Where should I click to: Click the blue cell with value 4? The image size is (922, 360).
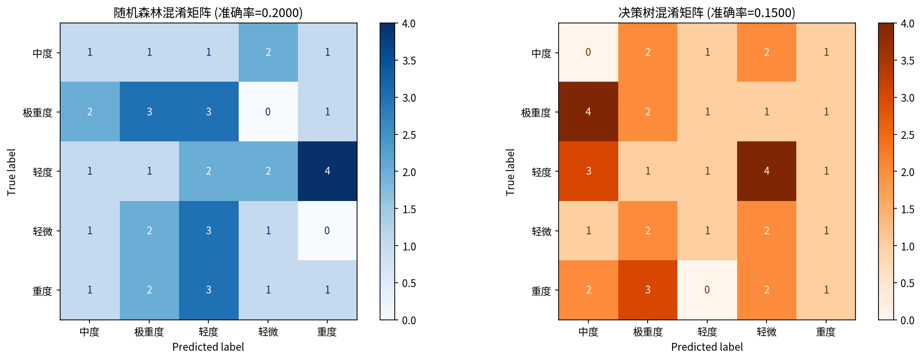click(327, 171)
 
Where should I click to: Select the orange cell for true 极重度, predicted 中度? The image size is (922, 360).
click(588, 112)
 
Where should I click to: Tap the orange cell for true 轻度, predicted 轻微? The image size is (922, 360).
click(766, 171)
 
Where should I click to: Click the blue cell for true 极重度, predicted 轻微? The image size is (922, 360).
click(268, 112)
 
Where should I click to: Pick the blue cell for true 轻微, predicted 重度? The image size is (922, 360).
click(327, 231)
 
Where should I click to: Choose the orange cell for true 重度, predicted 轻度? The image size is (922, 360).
click(707, 290)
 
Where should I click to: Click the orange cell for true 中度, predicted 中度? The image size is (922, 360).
click(588, 52)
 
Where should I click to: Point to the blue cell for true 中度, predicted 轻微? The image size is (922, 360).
click(268, 52)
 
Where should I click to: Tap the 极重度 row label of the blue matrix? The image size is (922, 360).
click(38, 112)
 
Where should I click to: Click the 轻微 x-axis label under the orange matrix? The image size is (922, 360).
click(766, 332)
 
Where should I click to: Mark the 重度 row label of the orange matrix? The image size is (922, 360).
click(541, 291)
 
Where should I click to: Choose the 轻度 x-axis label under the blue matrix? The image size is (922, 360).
click(208, 332)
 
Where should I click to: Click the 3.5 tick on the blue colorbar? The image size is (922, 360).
click(409, 61)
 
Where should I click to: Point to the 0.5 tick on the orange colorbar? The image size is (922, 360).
click(907, 283)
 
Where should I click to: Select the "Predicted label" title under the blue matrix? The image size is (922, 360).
click(208, 347)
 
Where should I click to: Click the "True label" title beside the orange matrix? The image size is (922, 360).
click(510, 172)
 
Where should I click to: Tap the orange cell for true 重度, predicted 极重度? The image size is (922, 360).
click(648, 290)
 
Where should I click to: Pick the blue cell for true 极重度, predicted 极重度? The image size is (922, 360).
click(149, 112)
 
